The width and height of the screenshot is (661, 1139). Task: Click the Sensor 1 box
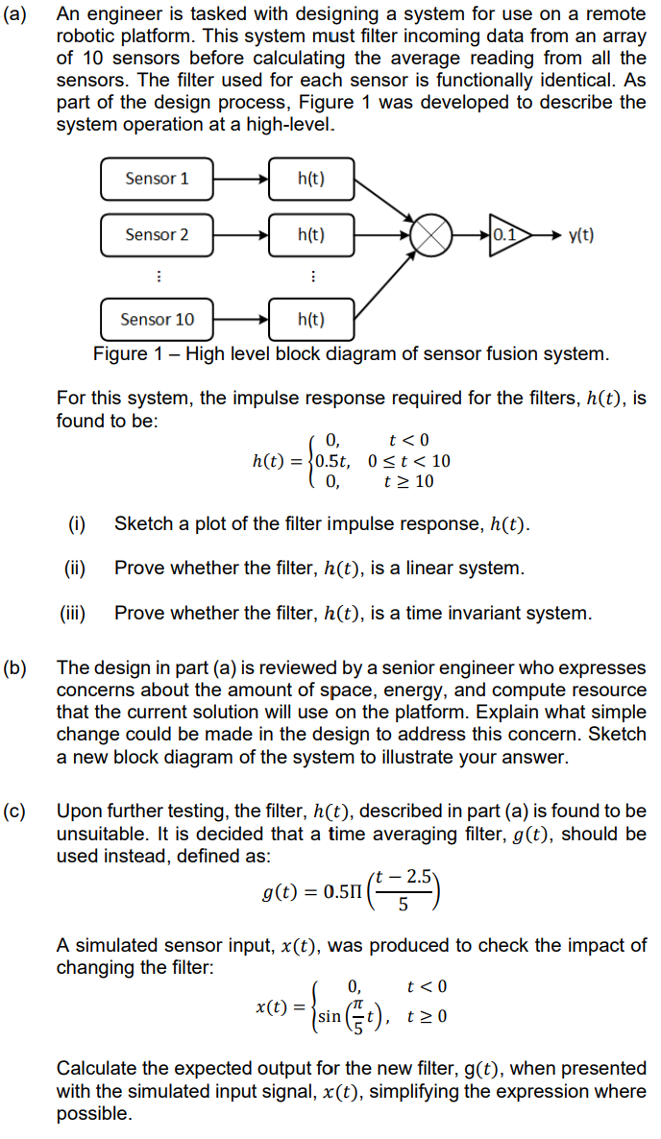[157, 179]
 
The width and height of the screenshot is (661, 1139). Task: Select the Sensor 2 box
[157, 234]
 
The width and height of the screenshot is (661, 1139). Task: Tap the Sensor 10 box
[157, 319]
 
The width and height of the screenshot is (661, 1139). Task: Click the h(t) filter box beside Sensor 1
[311, 179]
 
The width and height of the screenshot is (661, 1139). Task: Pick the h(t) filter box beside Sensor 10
[311, 319]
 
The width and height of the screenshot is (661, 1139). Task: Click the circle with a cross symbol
[432, 235]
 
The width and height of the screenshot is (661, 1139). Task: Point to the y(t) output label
[581, 235]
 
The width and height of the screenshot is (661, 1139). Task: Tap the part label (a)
[18, 15]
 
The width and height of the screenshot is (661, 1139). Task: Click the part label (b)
[18, 667]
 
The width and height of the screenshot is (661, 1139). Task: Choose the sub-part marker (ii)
[75, 568]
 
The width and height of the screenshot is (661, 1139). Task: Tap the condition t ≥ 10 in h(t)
[408, 481]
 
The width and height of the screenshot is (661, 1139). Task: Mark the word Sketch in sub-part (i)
[142, 524]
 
